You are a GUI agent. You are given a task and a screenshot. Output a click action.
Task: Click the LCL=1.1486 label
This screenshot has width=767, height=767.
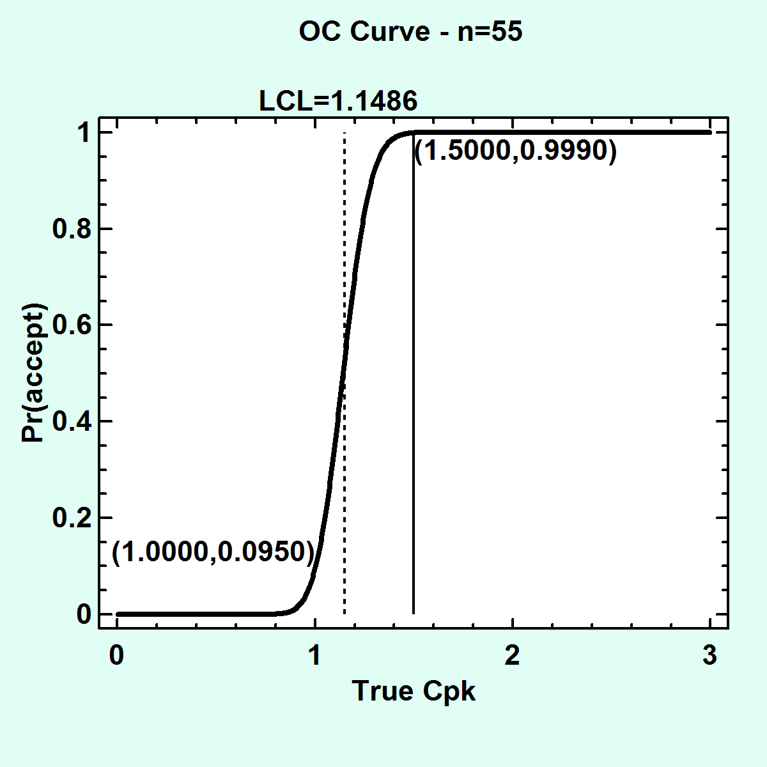click(x=338, y=101)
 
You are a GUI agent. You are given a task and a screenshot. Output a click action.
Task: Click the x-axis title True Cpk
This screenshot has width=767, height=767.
click(x=414, y=691)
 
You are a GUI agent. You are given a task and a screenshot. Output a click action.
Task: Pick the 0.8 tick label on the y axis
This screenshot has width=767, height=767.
click(x=70, y=229)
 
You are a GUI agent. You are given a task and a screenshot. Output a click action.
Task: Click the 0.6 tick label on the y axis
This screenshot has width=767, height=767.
click(x=70, y=325)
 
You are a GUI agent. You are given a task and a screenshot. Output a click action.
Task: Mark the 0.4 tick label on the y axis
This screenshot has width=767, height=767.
click(x=70, y=421)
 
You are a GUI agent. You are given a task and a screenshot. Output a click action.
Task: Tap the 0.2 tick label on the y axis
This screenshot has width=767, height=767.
click(x=70, y=518)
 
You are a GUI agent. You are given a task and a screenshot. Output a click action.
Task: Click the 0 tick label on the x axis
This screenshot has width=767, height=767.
click(x=116, y=656)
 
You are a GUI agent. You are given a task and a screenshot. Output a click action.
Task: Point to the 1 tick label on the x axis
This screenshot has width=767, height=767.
click(x=314, y=656)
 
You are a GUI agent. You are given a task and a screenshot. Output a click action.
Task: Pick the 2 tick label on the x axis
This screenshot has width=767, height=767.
click(x=512, y=656)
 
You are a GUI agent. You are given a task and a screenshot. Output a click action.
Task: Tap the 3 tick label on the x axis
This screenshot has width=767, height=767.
click(x=710, y=656)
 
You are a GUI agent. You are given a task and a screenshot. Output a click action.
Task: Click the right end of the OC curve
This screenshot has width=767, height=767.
click(x=709, y=132)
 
